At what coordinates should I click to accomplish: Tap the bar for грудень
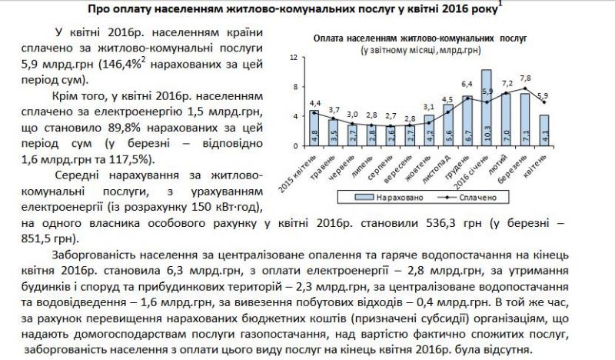pyautogui.click(x=467, y=122)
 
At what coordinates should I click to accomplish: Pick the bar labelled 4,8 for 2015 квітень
pyautogui.click(x=314, y=129)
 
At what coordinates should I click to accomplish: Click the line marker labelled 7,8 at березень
pyautogui.click(x=525, y=89)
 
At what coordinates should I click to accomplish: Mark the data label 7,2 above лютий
pyautogui.click(x=507, y=83)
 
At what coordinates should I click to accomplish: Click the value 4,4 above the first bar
pyautogui.click(x=314, y=102)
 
